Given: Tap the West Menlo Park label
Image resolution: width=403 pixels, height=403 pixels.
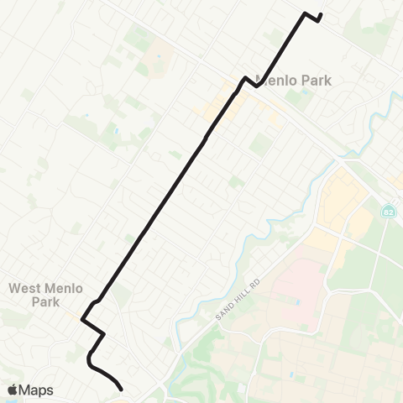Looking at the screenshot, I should click(45, 295).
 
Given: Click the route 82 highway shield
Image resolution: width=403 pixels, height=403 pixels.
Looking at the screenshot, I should click(388, 209).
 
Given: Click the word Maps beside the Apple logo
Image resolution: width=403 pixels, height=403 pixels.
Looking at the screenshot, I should click(37, 389).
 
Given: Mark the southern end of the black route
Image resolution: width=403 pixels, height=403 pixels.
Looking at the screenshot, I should click(122, 389).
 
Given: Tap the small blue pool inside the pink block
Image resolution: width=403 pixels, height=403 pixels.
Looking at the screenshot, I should click(295, 301).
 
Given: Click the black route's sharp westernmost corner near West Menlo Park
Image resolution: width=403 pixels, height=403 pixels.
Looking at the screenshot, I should click(81, 319).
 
